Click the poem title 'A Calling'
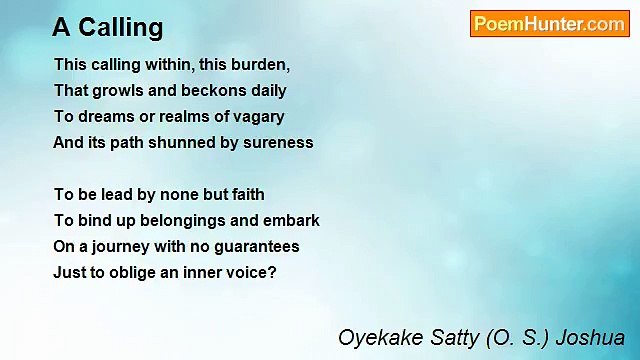pyautogui.click(x=108, y=27)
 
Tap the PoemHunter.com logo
pyautogui.click(x=549, y=24)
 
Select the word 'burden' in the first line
pyautogui.click(x=263, y=64)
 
